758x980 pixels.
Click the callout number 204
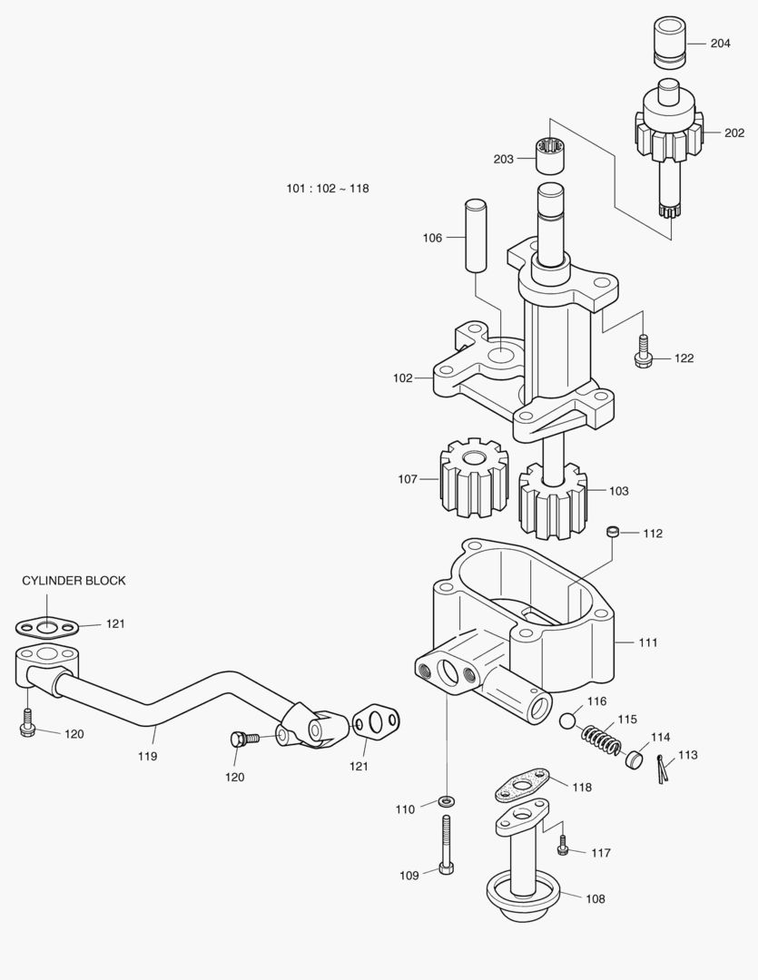pos(720,44)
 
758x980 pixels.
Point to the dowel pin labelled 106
pos(477,234)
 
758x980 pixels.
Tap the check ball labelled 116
pos(568,722)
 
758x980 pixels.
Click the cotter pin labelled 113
pos(663,769)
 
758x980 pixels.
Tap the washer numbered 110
pos(446,802)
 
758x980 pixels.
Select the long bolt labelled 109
pos(446,844)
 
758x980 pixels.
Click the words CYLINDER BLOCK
pos(74,581)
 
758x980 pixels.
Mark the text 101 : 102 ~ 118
pos(327,189)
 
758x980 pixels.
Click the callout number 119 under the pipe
pos(147,755)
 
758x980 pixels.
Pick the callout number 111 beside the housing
pos(647,642)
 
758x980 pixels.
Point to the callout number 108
pos(595,899)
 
